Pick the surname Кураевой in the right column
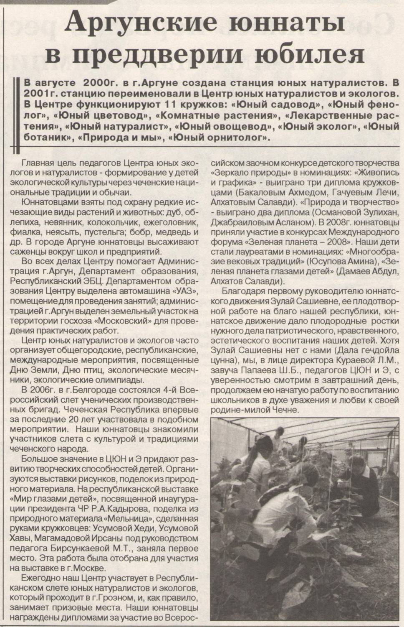click(351, 359)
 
